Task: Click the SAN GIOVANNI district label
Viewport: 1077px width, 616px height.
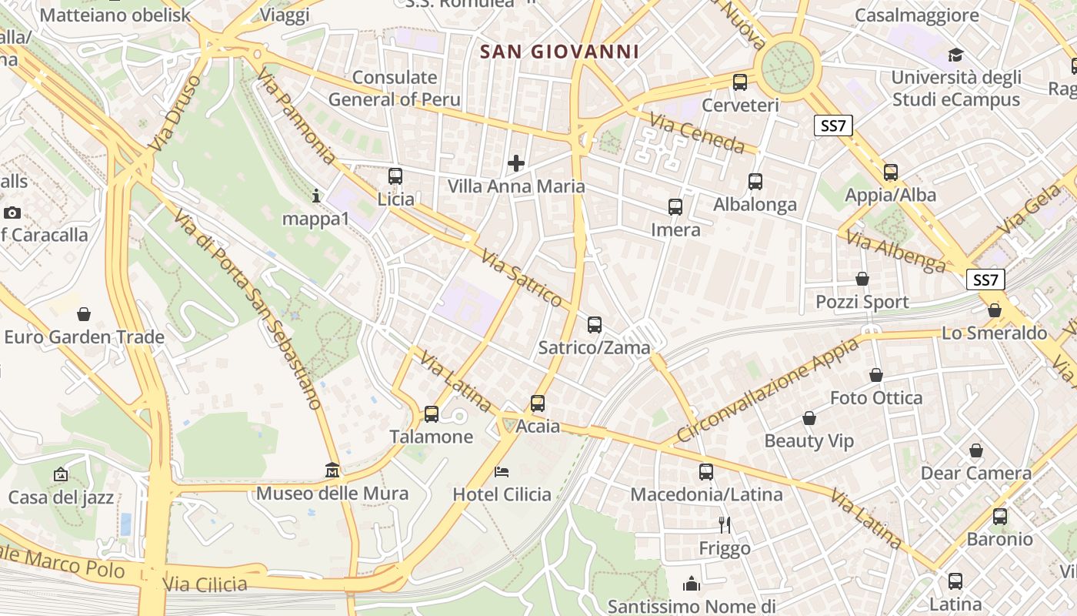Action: (x=559, y=52)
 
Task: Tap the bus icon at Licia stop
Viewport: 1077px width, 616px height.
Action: (x=395, y=176)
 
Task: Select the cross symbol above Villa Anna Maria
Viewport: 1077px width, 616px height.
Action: (x=516, y=163)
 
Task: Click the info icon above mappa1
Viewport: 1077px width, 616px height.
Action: (x=315, y=196)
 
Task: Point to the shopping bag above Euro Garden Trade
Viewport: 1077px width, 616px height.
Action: (x=84, y=314)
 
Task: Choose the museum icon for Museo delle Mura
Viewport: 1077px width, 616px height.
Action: (x=332, y=470)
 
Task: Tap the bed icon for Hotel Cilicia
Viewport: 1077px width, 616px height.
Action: (x=502, y=471)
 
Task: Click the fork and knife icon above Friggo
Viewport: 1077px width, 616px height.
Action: (x=724, y=525)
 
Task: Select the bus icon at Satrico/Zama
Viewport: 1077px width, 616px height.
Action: (x=595, y=325)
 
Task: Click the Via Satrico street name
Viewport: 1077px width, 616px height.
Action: (x=522, y=278)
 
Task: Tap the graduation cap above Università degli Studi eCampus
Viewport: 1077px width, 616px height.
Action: (x=955, y=55)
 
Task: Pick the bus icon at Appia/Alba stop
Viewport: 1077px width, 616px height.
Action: (x=891, y=172)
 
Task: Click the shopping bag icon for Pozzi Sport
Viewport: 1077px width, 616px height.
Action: (x=862, y=279)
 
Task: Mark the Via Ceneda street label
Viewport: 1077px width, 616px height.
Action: (x=697, y=133)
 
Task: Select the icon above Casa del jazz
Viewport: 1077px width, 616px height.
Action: (x=61, y=474)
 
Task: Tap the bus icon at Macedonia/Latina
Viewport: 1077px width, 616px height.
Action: (x=706, y=471)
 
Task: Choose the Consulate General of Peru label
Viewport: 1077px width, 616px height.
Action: (x=395, y=89)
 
